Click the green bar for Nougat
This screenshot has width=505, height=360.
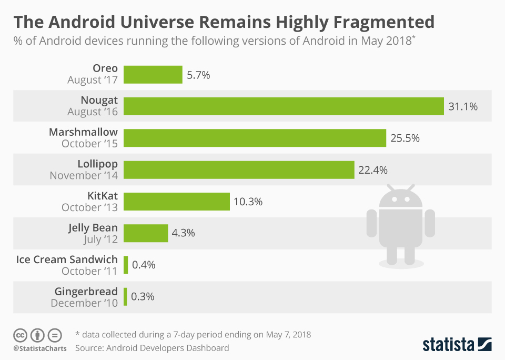(284, 106)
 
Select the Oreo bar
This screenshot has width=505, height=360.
(153, 75)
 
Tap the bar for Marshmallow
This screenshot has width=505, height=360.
(255, 138)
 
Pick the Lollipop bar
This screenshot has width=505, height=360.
(239, 170)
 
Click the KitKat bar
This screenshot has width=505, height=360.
(177, 202)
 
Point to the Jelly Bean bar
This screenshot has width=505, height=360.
(146, 233)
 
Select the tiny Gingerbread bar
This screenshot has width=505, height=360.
(125, 297)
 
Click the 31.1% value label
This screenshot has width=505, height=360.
(463, 107)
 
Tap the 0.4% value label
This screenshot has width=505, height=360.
(144, 265)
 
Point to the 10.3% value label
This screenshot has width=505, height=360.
(248, 202)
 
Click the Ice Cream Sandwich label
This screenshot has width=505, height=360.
(67, 259)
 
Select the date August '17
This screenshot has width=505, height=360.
(93, 80)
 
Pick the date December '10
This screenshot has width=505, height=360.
(84, 303)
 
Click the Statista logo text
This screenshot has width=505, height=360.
(447, 345)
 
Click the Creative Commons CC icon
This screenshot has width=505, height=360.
(20, 335)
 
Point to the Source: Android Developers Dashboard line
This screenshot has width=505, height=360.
(152, 348)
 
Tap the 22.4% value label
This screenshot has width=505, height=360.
(373, 170)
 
